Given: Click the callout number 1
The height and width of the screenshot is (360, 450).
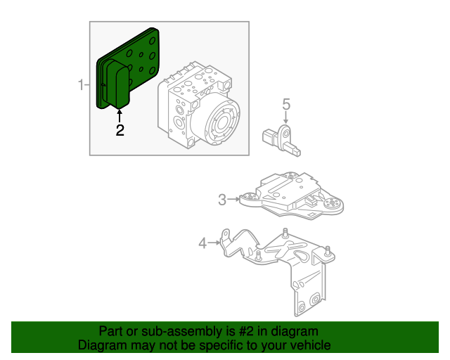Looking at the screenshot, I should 82,86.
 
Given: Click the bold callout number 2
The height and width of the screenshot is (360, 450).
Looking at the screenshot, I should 120,130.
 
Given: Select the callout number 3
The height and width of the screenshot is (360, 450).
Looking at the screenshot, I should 222,200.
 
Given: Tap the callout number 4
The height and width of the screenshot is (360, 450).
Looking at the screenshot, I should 203,243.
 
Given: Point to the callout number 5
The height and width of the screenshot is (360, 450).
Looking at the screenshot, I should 286,105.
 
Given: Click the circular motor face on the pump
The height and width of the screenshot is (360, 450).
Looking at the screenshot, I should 224,120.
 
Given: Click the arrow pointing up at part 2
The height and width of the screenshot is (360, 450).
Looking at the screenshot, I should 120,115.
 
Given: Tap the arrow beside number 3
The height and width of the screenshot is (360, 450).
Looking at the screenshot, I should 234,200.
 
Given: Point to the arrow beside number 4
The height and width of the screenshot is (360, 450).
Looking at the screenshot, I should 215,243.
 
